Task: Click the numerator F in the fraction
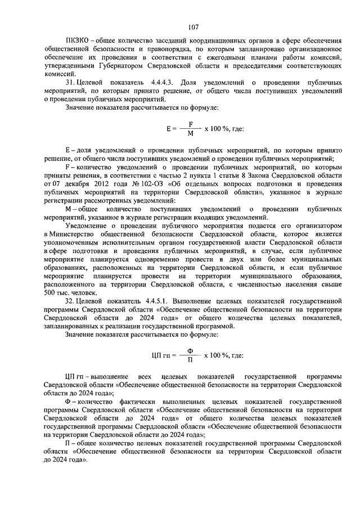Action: coord(191,124)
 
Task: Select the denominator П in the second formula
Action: coord(190,359)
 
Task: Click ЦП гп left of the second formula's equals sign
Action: coord(160,355)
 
